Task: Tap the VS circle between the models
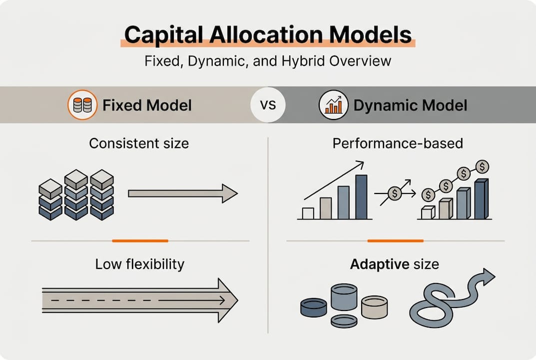pyautogui.click(x=268, y=105)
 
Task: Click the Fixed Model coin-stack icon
pyautogui.click(x=82, y=105)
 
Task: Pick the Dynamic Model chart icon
pyautogui.click(x=333, y=105)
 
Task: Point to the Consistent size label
pyautogui.click(x=139, y=143)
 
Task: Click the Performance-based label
pyautogui.click(x=398, y=143)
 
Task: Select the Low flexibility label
pyautogui.click(x=139, y=263)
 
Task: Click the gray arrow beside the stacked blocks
pyautogui.click(x=182, y=193)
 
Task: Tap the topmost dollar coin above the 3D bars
pyautogui.click(x=482, y=166)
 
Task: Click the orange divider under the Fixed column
pyautogui.click(x=140, y=241)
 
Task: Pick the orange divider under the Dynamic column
pyautogui.click(x=395, y=241)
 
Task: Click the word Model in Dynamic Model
pyautogui.click(x=445, y=105)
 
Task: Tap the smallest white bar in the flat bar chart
pyautogui.click(x=308, y=213)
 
